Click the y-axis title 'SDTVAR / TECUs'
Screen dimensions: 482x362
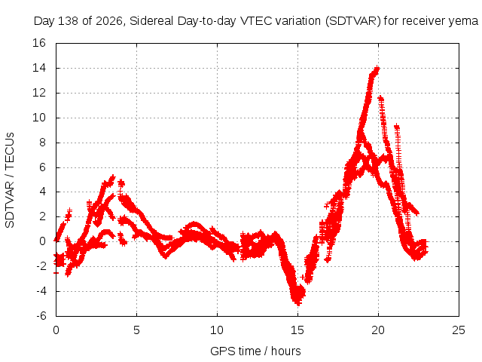point(10,180)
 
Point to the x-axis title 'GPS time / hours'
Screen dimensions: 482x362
point(255,351)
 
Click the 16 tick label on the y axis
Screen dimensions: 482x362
point(39,43)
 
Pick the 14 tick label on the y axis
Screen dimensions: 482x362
point(39,68)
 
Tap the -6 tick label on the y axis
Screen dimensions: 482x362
point(41,316)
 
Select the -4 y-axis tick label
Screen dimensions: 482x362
point(41,291)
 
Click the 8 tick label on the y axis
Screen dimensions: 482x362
point(43,143)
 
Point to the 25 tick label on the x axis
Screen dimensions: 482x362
point(459,330)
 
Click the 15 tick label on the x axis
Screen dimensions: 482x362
point(297,330)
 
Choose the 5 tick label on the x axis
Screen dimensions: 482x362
point(136,330)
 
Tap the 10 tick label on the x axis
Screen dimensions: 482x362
point(217,330)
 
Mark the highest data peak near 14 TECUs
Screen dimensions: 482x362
point(377,69)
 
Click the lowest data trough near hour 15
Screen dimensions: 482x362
point(298,303)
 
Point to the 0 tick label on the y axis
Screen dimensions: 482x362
point(43,241)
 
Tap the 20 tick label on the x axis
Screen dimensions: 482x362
point(378,330)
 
